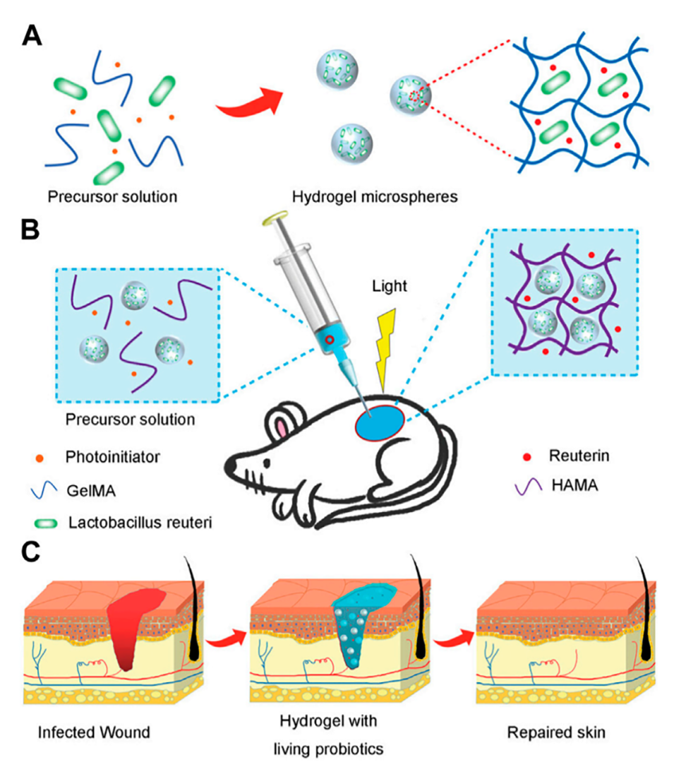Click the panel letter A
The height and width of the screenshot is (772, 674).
tap(35, 33)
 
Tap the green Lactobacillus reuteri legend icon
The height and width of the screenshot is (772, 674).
tap(47, 523)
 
